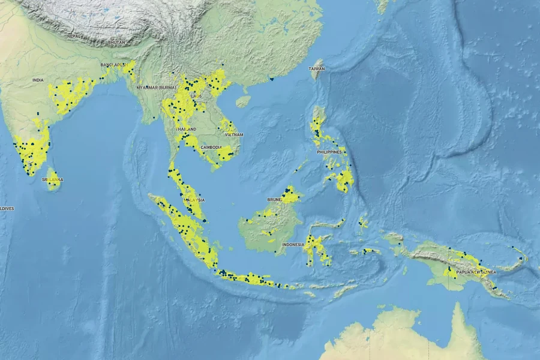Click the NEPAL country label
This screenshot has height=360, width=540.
point(73,36)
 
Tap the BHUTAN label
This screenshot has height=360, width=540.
point(116,43)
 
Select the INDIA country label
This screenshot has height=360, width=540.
point(38,80)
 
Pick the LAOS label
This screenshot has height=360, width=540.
point(197,96)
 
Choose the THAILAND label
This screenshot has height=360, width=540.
point(186,130)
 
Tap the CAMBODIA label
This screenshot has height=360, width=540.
point(211,147)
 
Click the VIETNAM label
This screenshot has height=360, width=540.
point(233,135)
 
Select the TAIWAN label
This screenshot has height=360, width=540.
point(317,69)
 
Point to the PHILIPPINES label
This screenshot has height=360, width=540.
point(329,152)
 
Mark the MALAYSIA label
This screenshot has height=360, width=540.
point(195,200)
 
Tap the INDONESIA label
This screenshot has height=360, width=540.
point(294,245)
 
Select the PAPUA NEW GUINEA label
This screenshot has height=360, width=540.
point(476,272)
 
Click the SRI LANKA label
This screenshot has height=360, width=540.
point(52,179)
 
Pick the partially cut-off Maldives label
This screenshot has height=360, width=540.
point(7,208)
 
